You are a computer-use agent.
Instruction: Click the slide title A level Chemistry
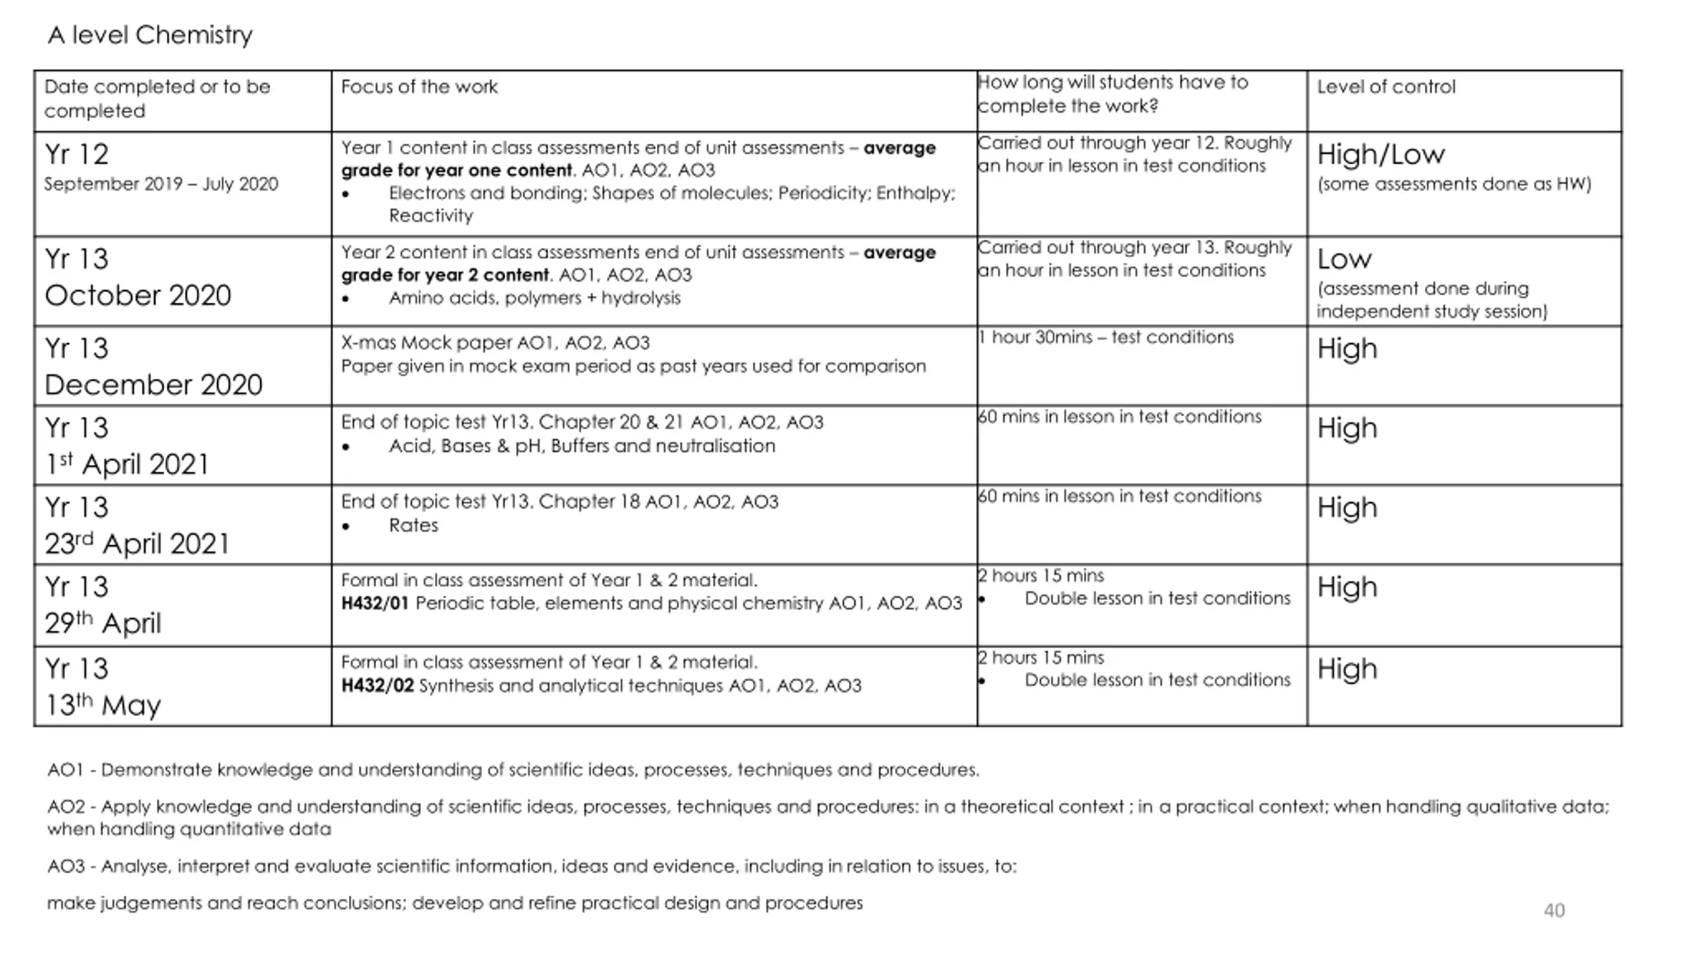[x=150, y=35]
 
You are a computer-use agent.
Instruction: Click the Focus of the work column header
[x=419, y=87]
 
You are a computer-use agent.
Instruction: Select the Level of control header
[x=1386, y=87]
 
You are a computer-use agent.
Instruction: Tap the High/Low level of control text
[x=1380, y=155]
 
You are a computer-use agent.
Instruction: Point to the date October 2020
[x=138, y=295]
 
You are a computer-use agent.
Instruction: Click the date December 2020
[x=154, y=385]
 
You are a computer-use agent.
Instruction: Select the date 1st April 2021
[x=126, y=464]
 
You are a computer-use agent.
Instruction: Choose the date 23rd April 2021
[x=137, y=543]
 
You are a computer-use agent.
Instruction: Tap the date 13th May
[x=103, y=704]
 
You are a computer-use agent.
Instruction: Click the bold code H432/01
[x=375, y=604]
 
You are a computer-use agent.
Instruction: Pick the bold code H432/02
[x=377, y=686]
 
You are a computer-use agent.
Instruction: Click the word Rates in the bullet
[x=414, y=525]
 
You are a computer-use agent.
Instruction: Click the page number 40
[x=1554, y=910]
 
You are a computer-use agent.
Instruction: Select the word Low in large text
[x=1344, y=259]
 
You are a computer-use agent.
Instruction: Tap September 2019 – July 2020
[x=161, y=184]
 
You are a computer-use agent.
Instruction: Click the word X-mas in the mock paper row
[x=368, y=343]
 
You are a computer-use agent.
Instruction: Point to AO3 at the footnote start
[x=66, y=867]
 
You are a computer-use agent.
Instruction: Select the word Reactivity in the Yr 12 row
[x=431, y=216]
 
